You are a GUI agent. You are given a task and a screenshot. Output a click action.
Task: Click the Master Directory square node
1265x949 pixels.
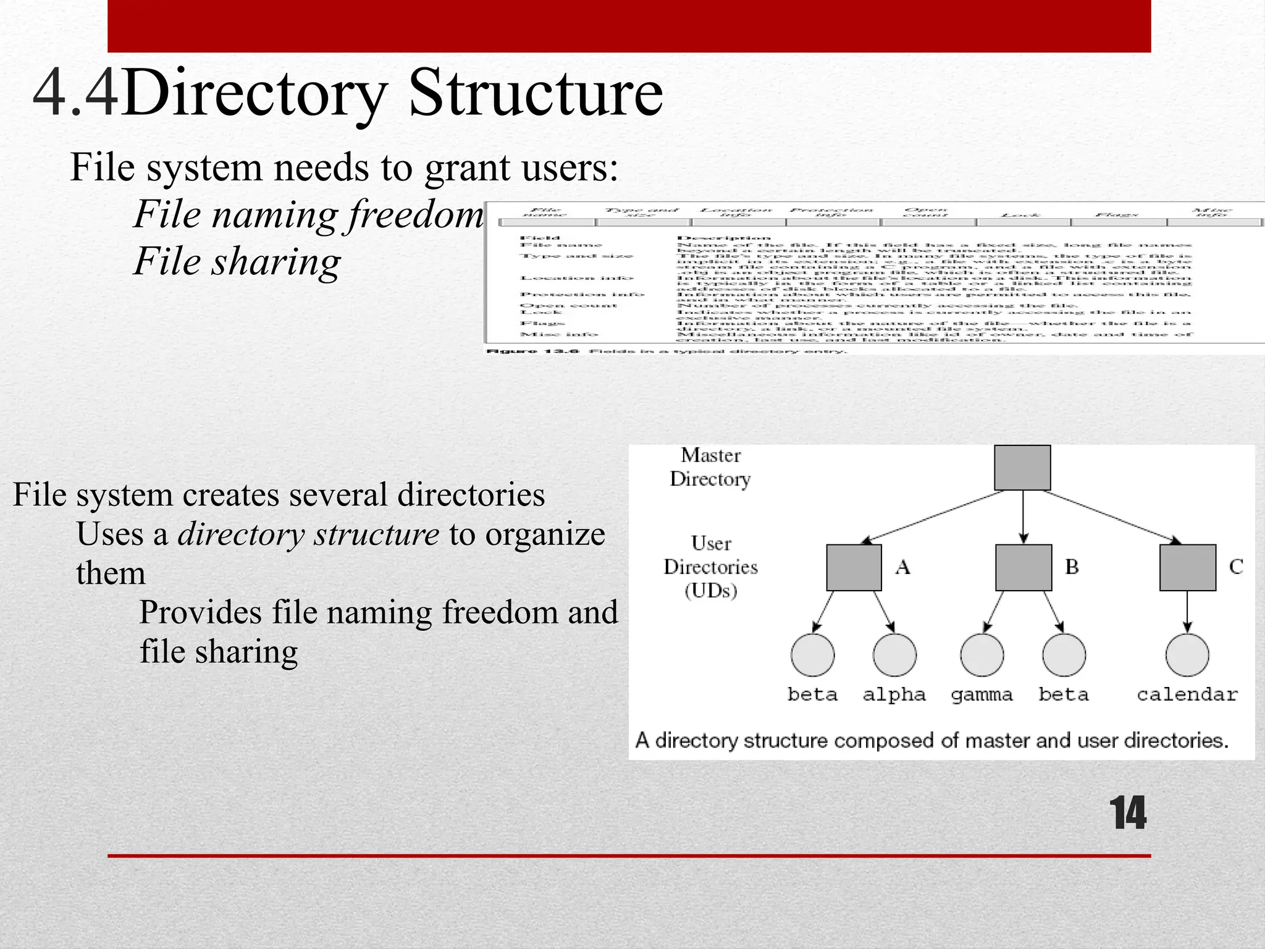pos(1022,468)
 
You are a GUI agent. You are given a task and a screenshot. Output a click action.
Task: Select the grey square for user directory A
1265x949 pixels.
pos(854,567)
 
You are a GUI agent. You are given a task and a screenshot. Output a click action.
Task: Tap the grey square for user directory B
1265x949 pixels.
pos(1023,567)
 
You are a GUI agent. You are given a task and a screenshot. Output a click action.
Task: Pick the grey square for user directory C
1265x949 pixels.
pos(1187,567)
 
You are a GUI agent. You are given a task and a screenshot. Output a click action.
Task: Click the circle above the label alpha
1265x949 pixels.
pos(894,655)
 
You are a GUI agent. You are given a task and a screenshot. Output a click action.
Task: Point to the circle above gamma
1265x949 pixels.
pos(981,655)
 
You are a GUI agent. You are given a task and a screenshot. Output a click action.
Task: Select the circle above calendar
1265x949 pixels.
pos(1187,655)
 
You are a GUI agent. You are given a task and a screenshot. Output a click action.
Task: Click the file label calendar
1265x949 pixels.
pos(1187,694)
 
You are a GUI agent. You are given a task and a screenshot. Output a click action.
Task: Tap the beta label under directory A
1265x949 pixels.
pos(812,694)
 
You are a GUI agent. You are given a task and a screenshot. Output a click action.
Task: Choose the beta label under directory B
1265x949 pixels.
pos(1063,694)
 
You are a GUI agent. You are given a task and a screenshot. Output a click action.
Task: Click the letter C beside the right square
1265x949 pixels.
pos(1235,567)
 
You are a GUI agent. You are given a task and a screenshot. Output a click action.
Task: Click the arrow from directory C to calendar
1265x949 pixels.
pos(1187,612)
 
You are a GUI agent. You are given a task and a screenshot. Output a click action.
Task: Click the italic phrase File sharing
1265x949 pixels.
pos(237,261)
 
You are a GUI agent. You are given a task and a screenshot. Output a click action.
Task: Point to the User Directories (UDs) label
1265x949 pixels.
pos(710,567)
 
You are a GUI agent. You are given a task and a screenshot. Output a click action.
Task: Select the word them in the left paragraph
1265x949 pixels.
pos(111,573)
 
